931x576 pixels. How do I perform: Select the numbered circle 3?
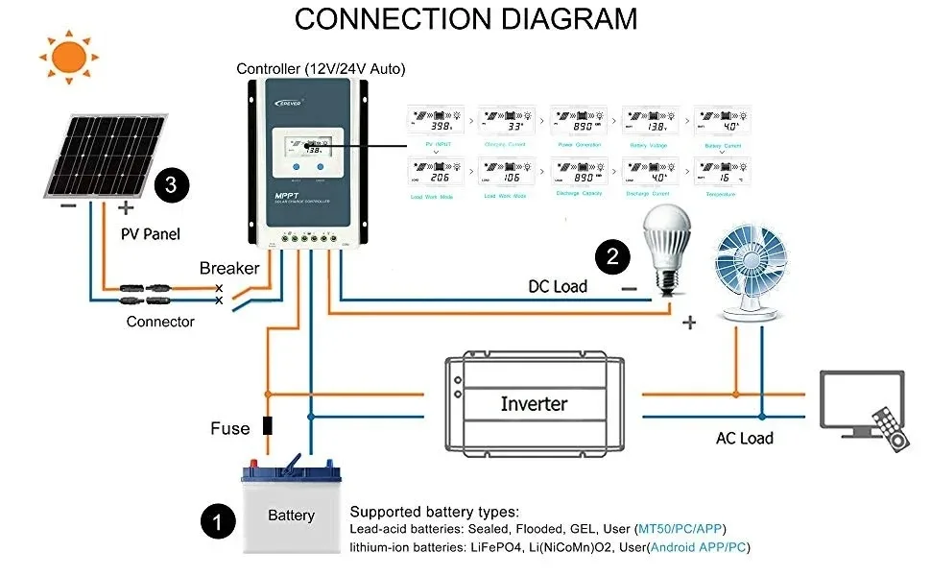(x=171, y=184)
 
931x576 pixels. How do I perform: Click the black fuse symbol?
(x=269, y=427)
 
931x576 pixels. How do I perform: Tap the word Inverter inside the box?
(x=534, y=404)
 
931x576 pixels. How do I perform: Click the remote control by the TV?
(x=888, y=428)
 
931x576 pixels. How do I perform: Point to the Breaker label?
(x=229, y=268)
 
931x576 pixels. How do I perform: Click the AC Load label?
(x=744, y=438)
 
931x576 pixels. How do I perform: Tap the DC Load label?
(x=558, y=286)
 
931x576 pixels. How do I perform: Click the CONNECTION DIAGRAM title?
(x=465, y=18)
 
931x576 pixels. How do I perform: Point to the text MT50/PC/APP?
(x=681, y=529)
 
